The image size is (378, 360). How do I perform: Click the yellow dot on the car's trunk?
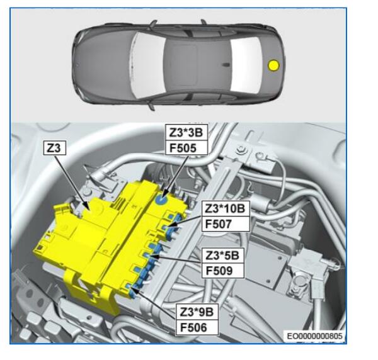tap(273, 65)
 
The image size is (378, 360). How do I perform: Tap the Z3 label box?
tap(55, 148)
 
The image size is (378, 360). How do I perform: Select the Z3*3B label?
tap(186, 133)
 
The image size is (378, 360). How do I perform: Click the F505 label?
tap(186, 148)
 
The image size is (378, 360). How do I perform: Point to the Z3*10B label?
tap(226, 208)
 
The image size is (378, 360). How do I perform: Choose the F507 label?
tap(226, 224)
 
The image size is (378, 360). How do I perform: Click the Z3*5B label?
tap(222, 256)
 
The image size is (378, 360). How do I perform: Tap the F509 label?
tap(222, 271)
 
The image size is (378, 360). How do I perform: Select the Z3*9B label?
tap(197, 312)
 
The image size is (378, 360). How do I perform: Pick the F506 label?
tap(197, 327)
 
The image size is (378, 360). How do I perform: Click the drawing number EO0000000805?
tap(314, 336)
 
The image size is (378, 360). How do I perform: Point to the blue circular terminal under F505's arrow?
tap(161, 200)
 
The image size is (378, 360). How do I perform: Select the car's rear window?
tap(246, 65)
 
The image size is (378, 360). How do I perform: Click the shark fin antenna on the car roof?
tap(226, 65)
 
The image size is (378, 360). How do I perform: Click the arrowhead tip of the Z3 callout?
tap(90, 210)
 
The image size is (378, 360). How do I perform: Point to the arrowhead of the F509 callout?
tap(151, 256)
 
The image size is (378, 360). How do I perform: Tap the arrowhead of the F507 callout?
tap(168, 226)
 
